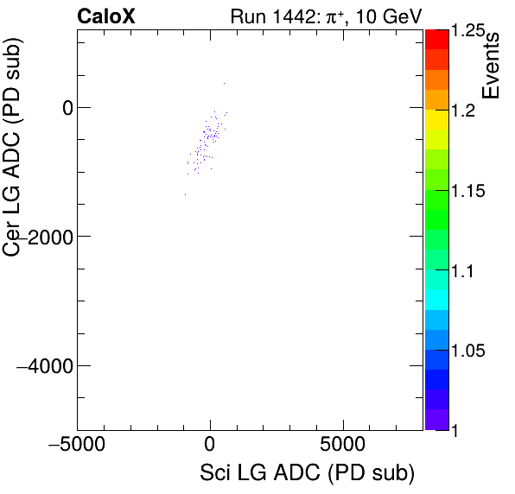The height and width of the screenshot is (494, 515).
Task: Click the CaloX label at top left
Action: click(105, 16)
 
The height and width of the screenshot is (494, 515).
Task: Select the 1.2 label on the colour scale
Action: click(465, 111)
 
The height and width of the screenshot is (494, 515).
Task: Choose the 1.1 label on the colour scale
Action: click(465, 271)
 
